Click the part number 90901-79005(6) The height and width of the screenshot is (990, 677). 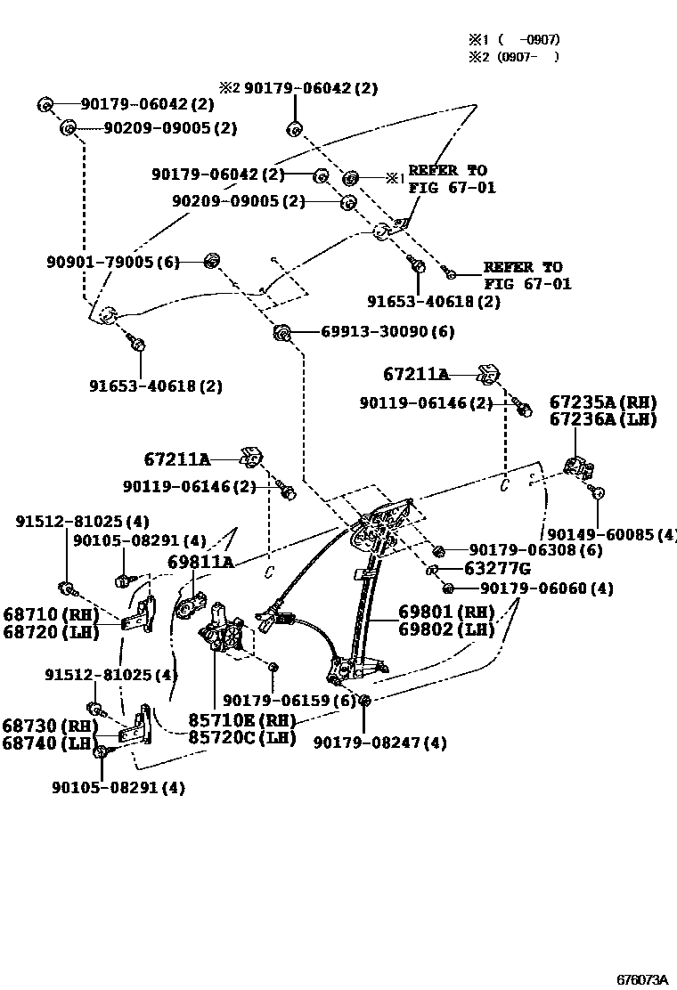(x=113, y=262)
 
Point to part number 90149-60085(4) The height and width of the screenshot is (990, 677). (x=611, y=534)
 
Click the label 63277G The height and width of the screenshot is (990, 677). (x=497, y=569)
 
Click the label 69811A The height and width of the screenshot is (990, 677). (x=200, y=562)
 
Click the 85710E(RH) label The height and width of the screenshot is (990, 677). (x=241, y=719)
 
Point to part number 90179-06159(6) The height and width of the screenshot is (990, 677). (x=290, y=701)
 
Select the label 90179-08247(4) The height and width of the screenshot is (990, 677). (x=379, y=742)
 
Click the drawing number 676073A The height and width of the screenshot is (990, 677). (x=642, y=978)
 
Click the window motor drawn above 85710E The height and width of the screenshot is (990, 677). (x=222, y=634)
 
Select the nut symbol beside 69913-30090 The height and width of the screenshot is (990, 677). (x=281, y=333)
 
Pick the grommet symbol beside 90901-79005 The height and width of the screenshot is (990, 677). (x=212, y=259)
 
